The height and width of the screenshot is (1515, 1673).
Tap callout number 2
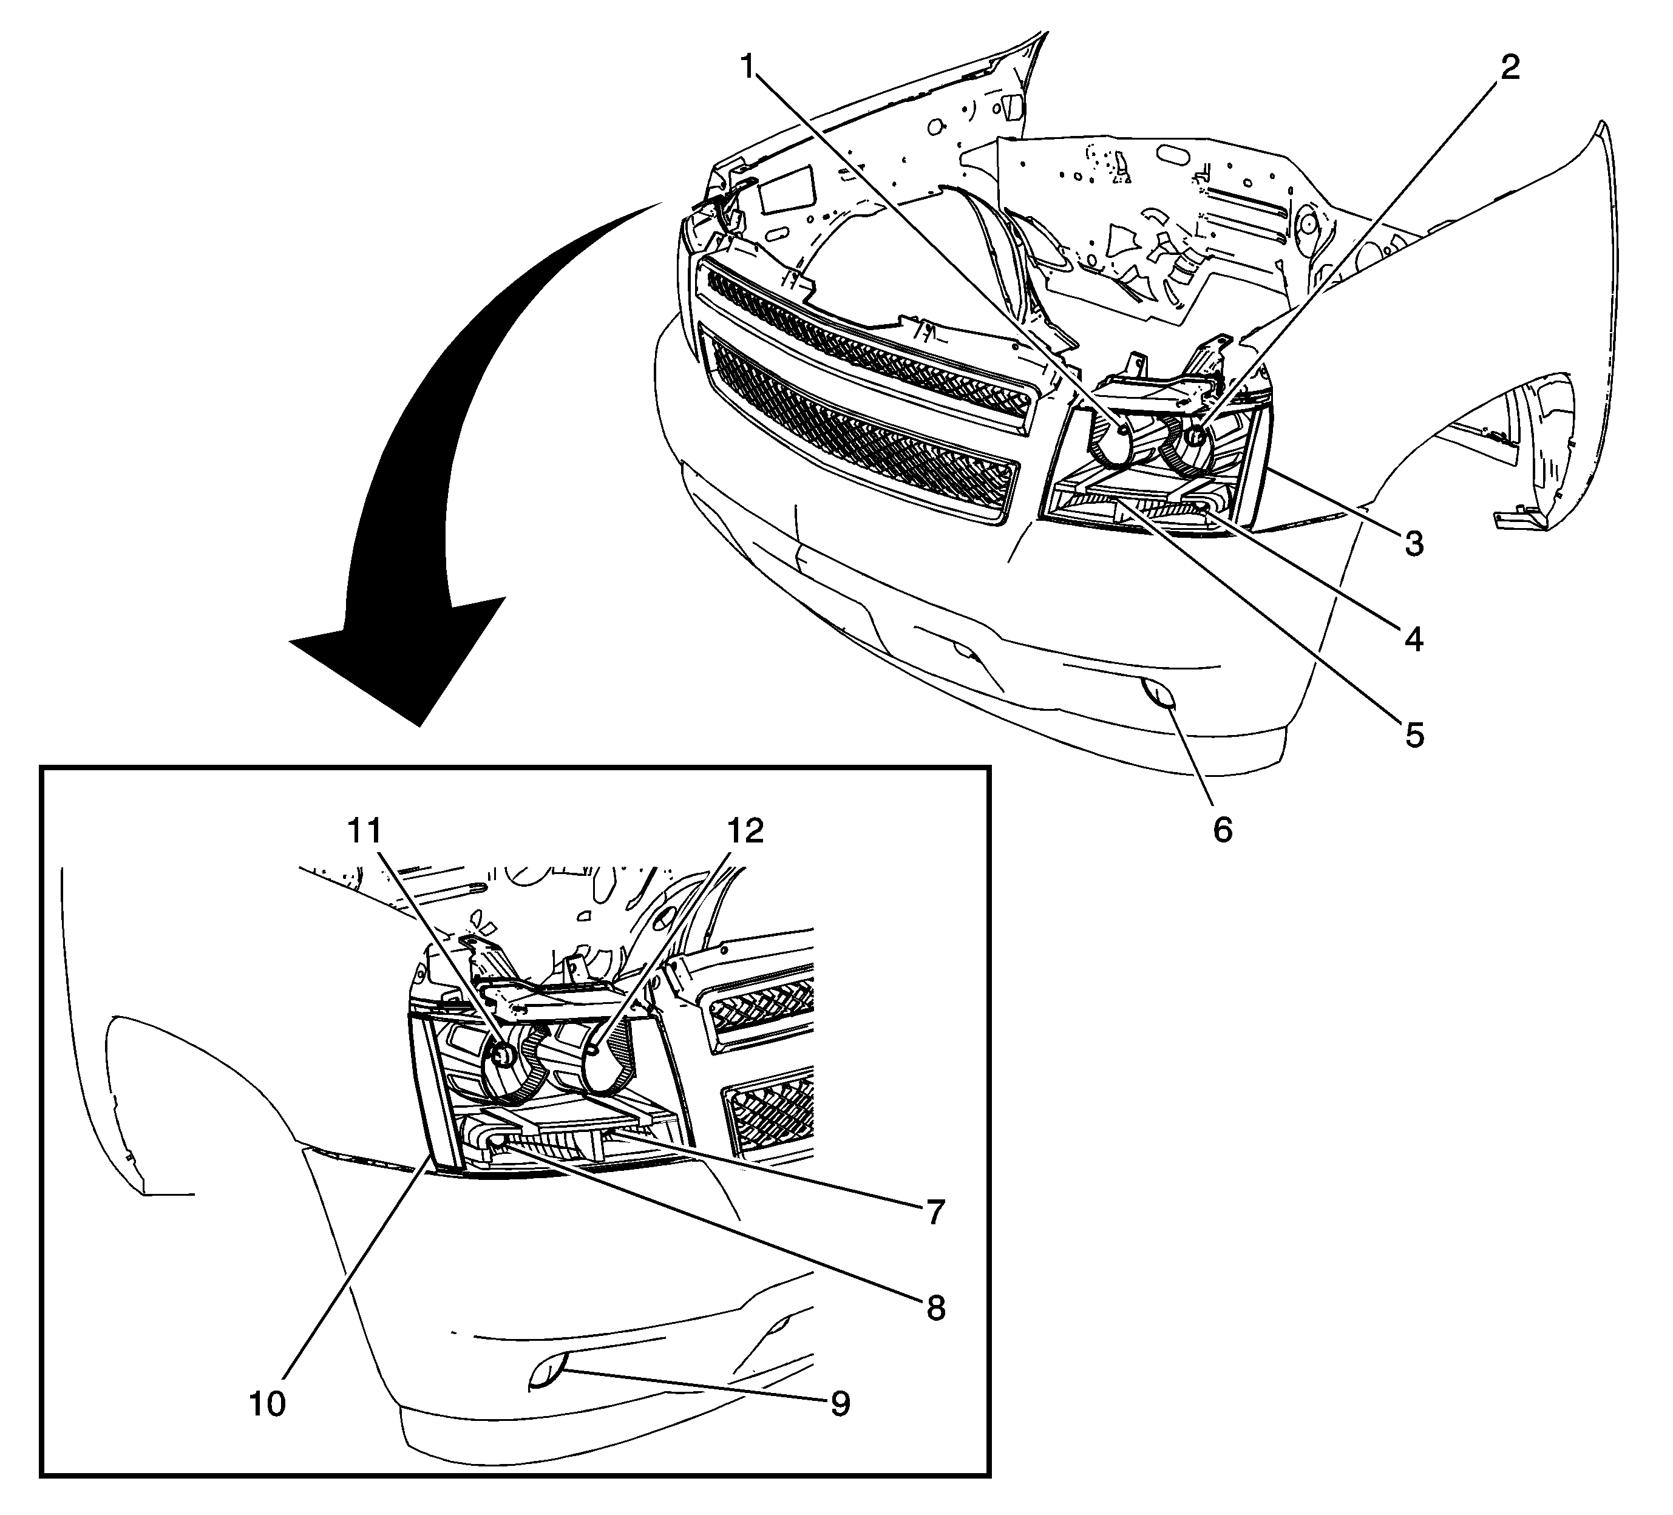tap(1510, 68)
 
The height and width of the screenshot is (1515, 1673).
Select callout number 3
tap(1414, 544)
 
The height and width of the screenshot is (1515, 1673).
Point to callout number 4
tap(1414, 639)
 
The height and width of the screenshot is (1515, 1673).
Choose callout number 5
tap(1414, 734)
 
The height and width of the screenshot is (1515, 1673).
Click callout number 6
tap(1223, 830)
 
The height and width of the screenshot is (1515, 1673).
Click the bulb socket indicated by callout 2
tap(1196, 436)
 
